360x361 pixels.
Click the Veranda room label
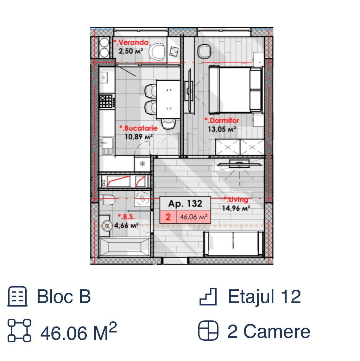coord(131,42)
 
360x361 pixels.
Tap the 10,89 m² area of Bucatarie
coord(139,137)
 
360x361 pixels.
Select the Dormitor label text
coord(222,120)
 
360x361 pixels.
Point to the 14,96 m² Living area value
coord(236,208)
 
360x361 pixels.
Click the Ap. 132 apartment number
coord(185,203)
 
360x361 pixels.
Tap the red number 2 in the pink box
coord(168,217)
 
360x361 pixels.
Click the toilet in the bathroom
coord(107,200)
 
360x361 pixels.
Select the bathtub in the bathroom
coord(125,247)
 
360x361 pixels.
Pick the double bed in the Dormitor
coord(236,90)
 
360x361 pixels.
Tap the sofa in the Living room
coord(233,244)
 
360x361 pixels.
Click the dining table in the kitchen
coord(168,99)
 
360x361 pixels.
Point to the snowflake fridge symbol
coord(142,164)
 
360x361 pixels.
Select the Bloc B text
coord(64,296)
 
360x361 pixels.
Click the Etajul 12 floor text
coord(264,297)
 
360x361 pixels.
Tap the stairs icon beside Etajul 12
coord(208,297)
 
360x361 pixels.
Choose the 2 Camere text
coord(269,332)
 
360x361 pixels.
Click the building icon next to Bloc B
coord(17,297)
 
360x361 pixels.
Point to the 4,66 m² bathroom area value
coord(126,225)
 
